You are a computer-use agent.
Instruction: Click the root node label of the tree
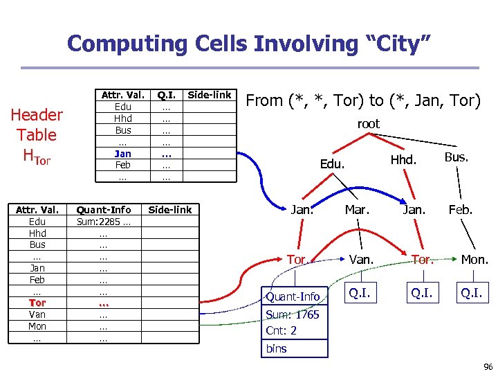coord(368,125)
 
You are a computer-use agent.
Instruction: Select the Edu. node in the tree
coord(331,164)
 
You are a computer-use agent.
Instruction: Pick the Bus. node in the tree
coord(456,157)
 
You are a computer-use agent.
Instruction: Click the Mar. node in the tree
coord(360,209)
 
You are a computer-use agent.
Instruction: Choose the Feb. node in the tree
coord(460,209)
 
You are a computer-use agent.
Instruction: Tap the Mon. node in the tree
coord(475,260)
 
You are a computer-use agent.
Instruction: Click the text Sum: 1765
coord(293,314)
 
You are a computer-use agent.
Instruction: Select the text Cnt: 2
coord(282,331)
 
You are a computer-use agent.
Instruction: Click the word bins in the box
coord(277,348)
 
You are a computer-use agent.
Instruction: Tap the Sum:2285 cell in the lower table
coord(104,222)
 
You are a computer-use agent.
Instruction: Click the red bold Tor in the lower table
coord(37,303)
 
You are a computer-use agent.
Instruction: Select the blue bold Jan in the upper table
coord(122,153)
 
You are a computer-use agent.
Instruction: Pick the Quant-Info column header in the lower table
coord(104,210)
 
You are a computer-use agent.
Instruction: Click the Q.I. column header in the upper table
coord(166,95)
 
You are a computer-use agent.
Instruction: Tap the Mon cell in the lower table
coord(37,326)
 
